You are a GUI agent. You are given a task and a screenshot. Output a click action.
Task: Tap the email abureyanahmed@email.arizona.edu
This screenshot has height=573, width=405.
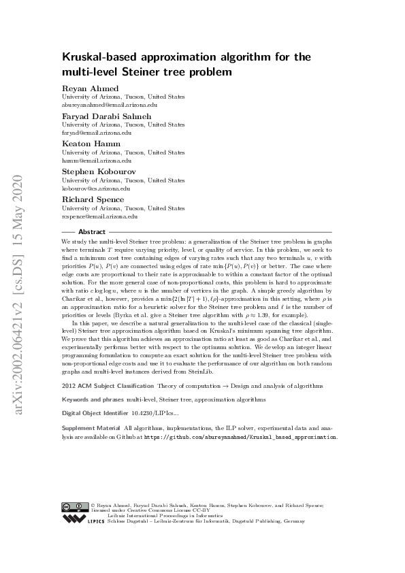click(110, 105)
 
